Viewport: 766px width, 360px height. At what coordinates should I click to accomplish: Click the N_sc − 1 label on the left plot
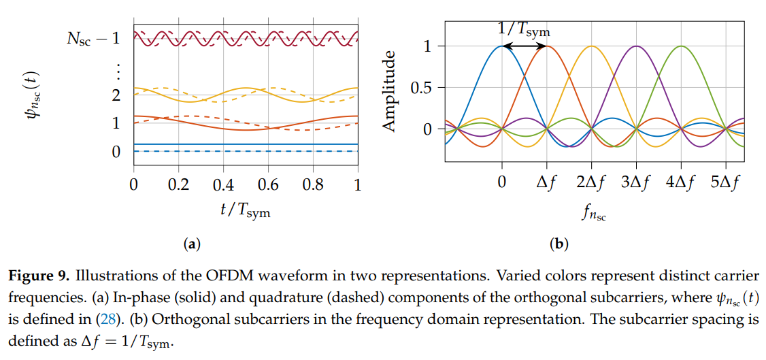93,38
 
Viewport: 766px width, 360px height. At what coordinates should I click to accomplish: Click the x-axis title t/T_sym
245,211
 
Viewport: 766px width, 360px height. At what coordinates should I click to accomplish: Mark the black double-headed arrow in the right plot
524,46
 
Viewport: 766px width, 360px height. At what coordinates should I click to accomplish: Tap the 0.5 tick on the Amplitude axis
423,88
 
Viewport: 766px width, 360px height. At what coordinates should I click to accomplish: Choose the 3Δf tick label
636,185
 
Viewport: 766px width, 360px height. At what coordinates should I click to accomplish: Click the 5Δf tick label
725,185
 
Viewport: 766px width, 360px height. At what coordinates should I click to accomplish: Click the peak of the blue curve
502,46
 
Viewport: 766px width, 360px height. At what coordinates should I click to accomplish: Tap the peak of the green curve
681,46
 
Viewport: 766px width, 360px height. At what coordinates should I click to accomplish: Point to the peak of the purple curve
636,46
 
